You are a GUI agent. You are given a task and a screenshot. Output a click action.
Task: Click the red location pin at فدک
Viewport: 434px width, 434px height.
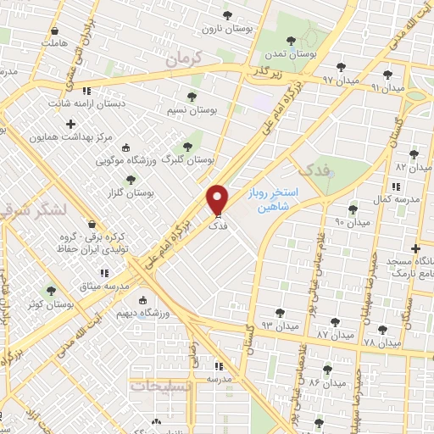tap(218, 200)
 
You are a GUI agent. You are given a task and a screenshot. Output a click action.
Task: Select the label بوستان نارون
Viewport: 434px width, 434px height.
tap(221, 28)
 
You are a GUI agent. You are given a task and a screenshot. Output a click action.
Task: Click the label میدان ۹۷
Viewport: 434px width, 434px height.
tap(316, 79)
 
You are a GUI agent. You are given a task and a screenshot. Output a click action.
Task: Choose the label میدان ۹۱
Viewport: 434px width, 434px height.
tap(387, 87)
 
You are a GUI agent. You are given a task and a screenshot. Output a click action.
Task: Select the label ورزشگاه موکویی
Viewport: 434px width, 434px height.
tap(123, 159)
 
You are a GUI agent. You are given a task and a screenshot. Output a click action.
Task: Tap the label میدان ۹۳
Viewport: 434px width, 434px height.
tap(279, 325)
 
